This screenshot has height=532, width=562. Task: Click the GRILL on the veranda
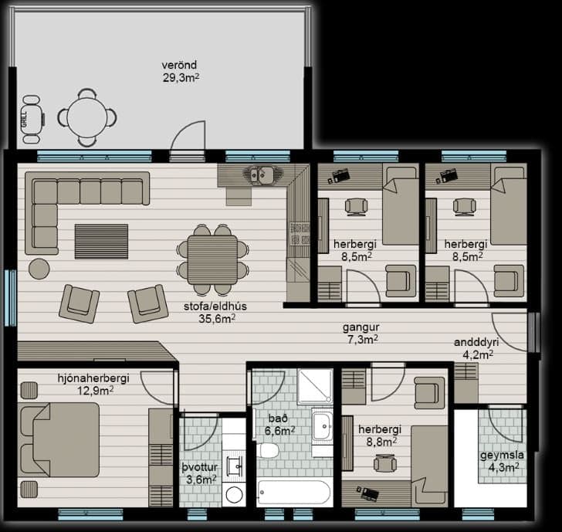point(33,120)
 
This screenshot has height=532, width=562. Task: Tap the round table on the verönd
point(87,117)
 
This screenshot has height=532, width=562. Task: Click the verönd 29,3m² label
point(181,71)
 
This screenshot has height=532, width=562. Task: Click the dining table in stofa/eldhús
point(212,259)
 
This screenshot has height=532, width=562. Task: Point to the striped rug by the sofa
point(101,241)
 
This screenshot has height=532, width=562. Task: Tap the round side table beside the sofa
point(39,269)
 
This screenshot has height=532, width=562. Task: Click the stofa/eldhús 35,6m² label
point(216,312)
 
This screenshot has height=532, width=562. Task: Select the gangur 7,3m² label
point(361,333)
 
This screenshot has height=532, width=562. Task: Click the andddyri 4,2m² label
point(477,348)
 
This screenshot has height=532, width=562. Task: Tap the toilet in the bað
point(268,450)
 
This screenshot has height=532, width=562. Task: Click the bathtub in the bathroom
point(294,492)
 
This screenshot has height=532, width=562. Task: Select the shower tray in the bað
point(315,386)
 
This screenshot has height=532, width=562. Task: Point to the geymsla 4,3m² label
point(502,461)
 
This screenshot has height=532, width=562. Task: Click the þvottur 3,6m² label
point(201,473)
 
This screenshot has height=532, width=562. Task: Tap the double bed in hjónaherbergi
point(59,439)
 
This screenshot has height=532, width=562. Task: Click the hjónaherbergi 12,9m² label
point(94,385)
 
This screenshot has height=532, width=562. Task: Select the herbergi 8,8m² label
point(381,435)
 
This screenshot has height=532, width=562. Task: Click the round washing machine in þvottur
point(234,495)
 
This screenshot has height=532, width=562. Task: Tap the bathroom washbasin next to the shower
point(322,426)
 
